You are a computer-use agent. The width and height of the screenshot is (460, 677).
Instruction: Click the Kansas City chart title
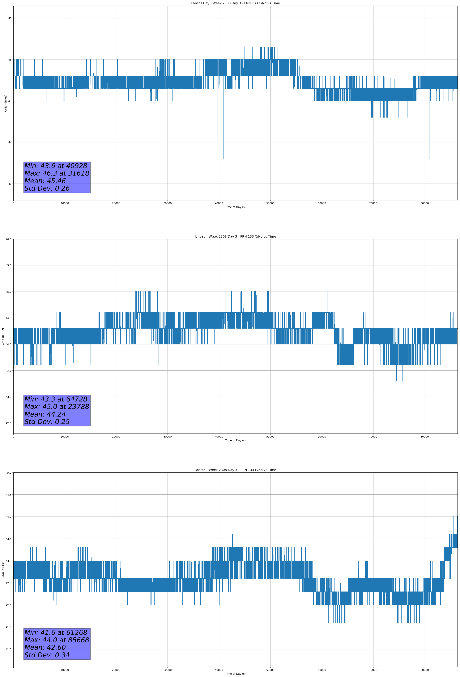[235, 3]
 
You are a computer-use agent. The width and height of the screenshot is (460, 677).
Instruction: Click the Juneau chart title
[235, 237]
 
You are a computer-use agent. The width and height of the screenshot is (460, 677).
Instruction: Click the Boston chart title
[235, 470]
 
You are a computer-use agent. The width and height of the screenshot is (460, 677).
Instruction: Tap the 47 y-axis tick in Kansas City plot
[10, 18]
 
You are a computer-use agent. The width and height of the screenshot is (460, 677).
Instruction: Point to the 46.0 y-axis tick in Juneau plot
[8, 239]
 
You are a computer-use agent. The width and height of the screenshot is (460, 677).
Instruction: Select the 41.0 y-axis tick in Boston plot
[8, 649]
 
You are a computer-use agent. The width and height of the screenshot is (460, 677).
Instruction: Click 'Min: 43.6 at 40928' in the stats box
[56, 166]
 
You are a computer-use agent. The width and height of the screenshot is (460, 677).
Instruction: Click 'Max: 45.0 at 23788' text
[57, 407]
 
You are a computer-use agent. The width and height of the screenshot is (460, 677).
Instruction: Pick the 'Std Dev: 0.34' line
[47, 655]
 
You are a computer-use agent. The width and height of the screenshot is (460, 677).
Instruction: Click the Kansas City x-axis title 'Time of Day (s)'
[235, 207]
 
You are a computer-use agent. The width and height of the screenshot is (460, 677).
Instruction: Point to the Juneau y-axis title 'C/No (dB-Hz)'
[3, 336]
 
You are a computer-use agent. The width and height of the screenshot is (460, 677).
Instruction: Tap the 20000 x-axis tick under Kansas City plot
[116, 203]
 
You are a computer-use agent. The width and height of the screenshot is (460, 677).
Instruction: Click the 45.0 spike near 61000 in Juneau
[327, 292]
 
